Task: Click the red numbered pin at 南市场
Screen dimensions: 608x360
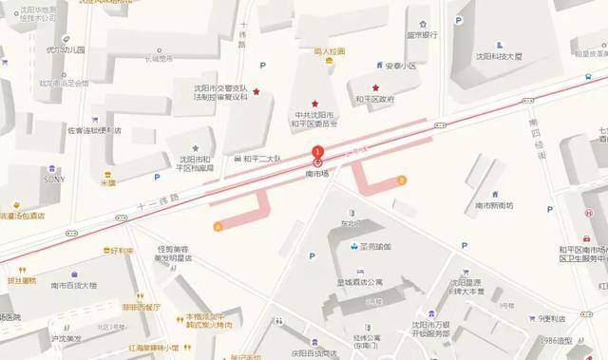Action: coord(318,152)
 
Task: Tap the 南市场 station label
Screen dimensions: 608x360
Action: coord(317,174)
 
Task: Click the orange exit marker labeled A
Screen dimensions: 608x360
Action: coord(219,226)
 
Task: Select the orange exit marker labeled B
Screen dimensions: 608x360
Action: coord(401,180)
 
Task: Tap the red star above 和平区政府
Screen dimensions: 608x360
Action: coord(375,87)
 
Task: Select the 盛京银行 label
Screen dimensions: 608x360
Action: coord(422,34)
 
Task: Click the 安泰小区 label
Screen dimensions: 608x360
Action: coord(401,66)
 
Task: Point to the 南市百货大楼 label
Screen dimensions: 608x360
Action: coord(74,284)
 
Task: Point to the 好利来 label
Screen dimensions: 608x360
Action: coord(121,252)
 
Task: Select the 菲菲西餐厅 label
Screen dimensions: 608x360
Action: coord(141,307)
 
